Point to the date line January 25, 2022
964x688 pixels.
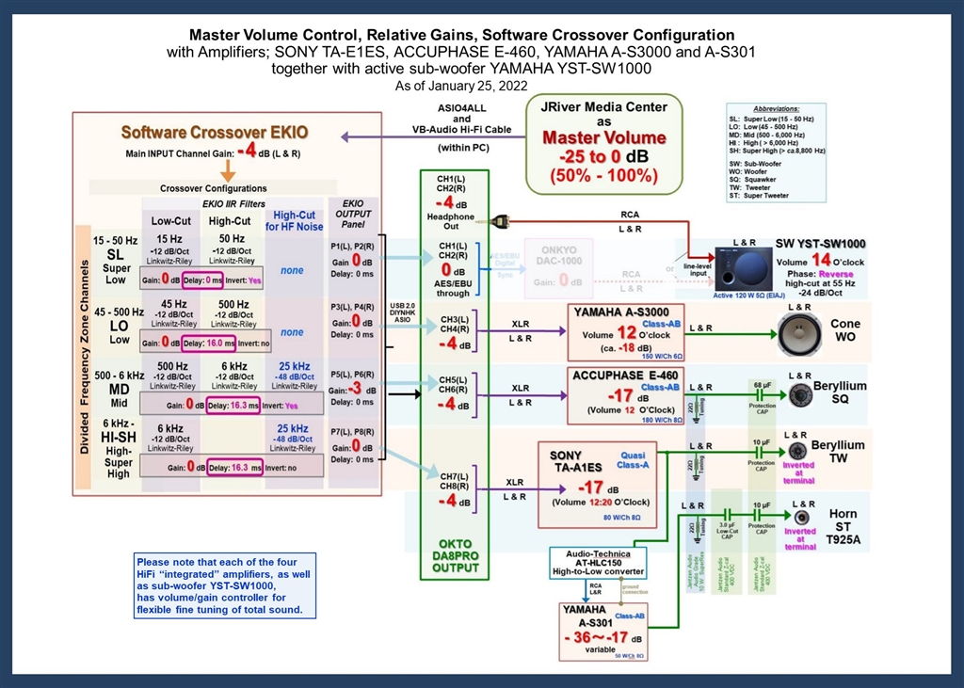[x=481, y=86]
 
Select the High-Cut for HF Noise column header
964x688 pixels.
[x=293, y=219]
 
